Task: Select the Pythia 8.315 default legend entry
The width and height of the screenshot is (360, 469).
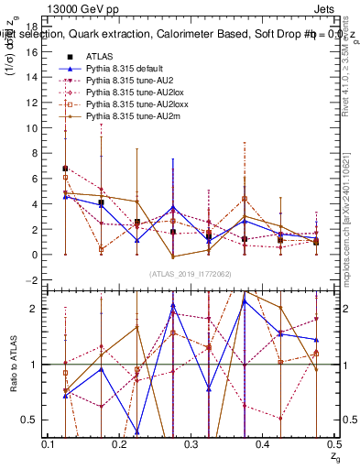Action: click(x=127, y=69)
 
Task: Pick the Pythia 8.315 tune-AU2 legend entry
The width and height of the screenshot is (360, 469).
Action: click(x=129, y=81)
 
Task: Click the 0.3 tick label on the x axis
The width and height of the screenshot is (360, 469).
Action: click(x=191, y=444)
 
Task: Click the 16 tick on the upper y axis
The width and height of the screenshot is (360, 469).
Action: click(x=33, y=52)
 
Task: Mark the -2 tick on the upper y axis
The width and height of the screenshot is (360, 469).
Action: click(x=33, y=279)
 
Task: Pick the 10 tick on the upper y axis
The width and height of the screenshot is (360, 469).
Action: click(x=33, y=128)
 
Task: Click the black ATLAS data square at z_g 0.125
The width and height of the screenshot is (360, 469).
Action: click(x=65, y=169)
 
